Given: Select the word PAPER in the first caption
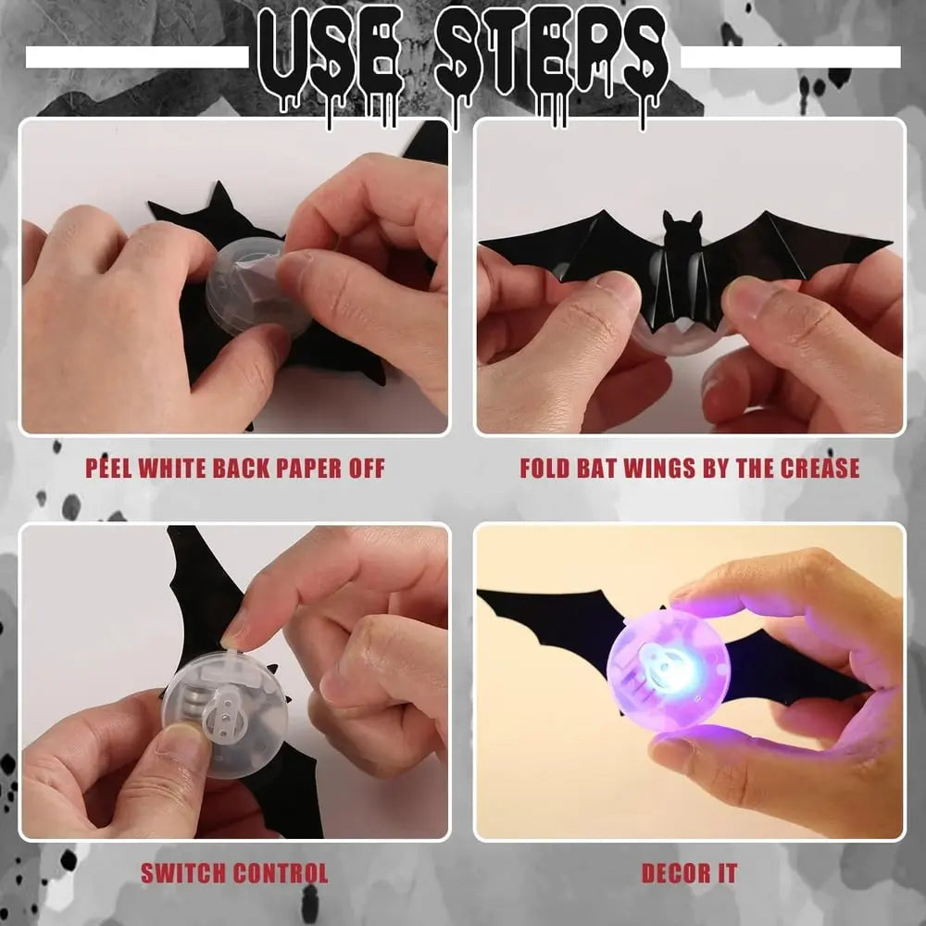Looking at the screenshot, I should [x=305, y=468].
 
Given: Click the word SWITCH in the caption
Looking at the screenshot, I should [x=183, y=872].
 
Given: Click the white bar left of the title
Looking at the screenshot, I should [x=137, y=57].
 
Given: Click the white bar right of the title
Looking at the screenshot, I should [x=790, y=57].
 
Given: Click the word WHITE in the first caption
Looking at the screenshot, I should [x=175, y=468].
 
